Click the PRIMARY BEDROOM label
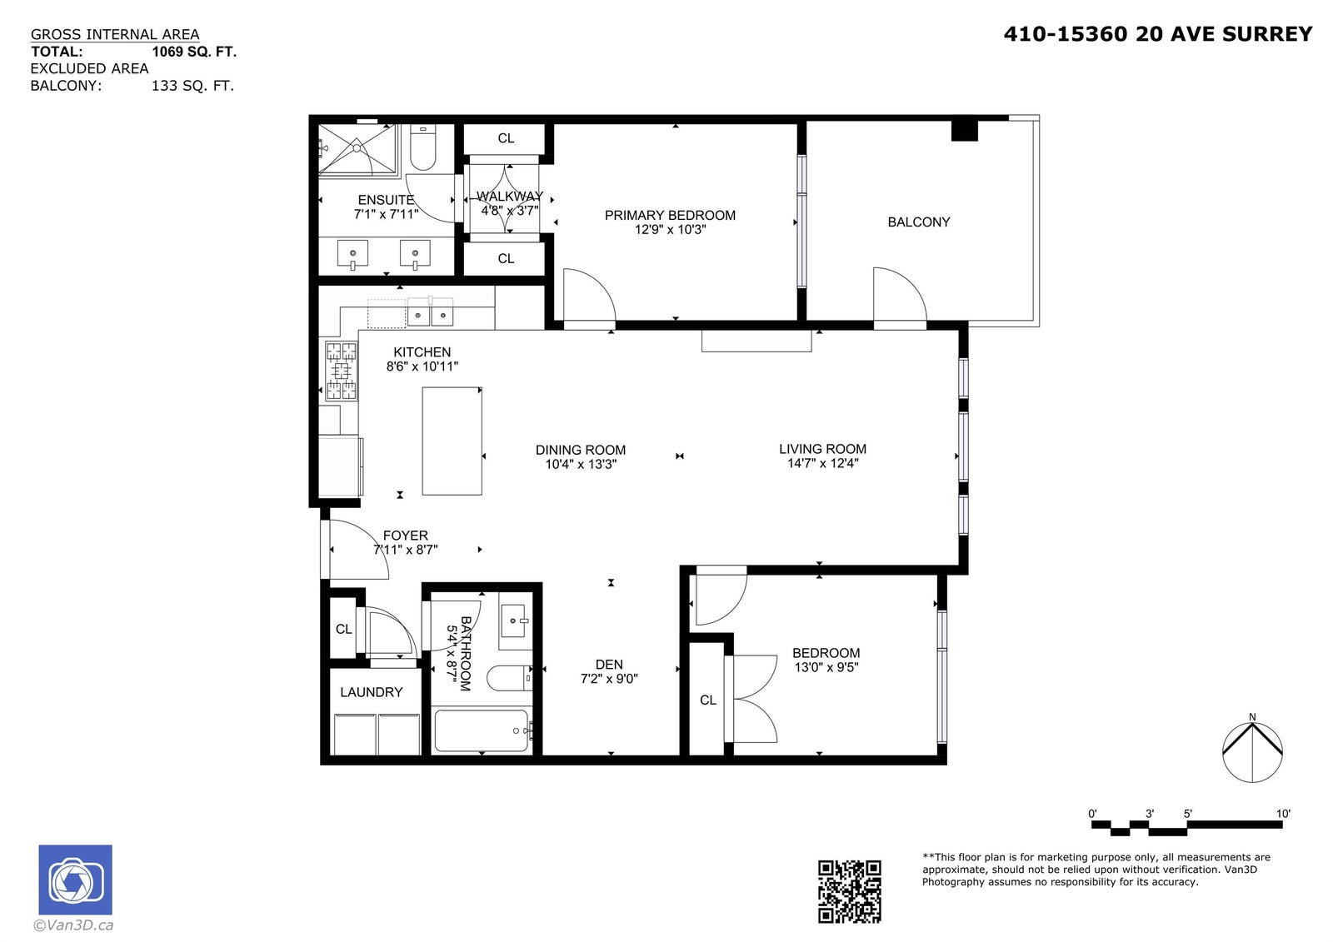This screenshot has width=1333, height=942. point(670,216)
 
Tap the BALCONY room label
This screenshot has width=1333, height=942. point(919,222)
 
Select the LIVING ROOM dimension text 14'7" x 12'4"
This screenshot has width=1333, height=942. point(823,464)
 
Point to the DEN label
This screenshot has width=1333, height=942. point(609,664)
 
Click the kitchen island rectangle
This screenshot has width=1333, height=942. point(452,441)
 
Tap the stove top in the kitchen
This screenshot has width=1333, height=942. point(341,370)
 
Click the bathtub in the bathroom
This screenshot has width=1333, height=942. point(482,730)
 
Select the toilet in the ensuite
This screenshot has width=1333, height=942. point(422,147)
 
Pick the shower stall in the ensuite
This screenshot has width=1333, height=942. point(357,149)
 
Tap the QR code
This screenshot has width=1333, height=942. point(849,891)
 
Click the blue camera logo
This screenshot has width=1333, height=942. point(76,880)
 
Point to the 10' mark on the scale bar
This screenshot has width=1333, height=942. point(1283,814)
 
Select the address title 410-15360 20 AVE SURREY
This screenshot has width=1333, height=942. point(1158,34)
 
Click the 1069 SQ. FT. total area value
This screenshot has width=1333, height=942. point(194,52)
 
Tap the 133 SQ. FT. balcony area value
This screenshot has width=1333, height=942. point(192,86)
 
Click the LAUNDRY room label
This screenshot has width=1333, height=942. point(372,692)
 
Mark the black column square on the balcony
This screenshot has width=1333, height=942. point(965,130)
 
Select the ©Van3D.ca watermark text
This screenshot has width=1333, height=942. point(73,925)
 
